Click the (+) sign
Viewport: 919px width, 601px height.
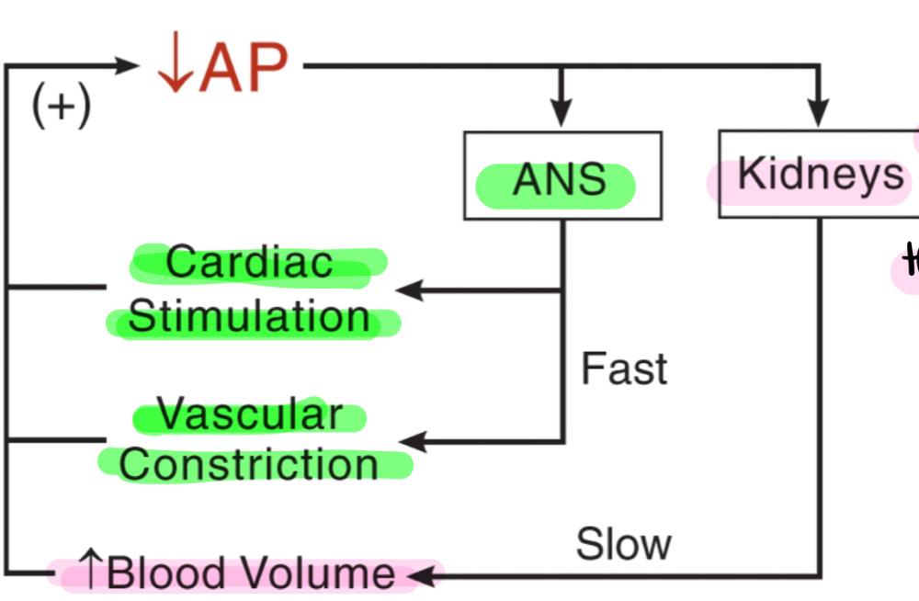pos(62,108)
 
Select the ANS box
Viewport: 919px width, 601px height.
pos(562,176)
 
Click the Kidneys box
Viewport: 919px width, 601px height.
pos(818,174)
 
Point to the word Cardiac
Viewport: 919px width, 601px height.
pos(249,263)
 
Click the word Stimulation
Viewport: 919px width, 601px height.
pos(249,318)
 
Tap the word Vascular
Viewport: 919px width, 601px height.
pos(249,414)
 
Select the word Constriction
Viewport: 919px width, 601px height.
pos(249,464)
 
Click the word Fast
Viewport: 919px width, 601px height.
pos(624,369)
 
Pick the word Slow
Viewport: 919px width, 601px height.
pos(623,544)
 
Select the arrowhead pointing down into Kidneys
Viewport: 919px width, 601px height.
pos(818,111)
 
